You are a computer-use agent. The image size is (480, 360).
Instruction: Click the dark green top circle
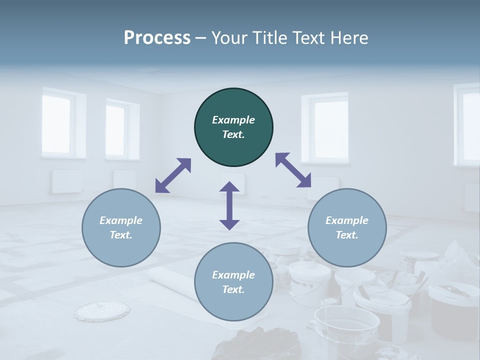tap(233, 127)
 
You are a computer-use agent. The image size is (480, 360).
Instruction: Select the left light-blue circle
tap(121, 227)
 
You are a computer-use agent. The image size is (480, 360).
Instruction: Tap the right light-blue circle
tap(347, 227)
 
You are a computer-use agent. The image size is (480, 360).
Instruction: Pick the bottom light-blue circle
tap(233, 282)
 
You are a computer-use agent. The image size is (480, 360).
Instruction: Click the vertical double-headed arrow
tap(229, 205)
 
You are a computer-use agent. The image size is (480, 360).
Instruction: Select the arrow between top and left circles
tap(173, 175)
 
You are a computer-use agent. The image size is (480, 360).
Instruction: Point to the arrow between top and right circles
tap(293, 170)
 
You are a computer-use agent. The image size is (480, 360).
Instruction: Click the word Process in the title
tap(157, 37)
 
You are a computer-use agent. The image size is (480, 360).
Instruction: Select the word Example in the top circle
tap(233, 120)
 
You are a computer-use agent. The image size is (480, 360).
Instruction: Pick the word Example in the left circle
tap(121, 220)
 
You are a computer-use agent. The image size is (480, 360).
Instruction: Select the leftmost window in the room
tap(56, 123)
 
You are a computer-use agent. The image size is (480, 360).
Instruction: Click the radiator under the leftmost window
tap(66, 181)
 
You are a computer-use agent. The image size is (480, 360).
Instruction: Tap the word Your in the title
tap(228, 37)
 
